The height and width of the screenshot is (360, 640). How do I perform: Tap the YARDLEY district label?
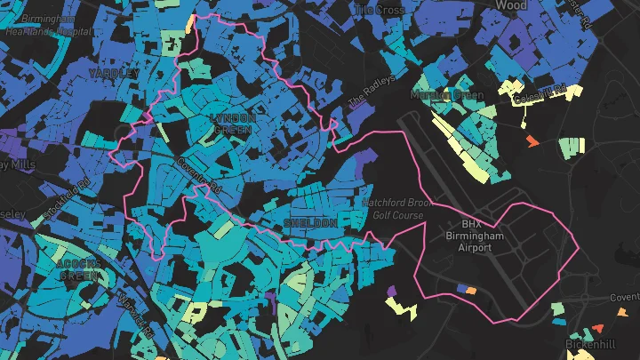(114, 71)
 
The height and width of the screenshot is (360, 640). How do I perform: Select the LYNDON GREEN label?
(233, 124)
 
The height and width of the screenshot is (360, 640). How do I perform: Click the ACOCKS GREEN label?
(81, 269)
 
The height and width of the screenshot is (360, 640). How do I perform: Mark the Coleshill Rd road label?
(542, 90)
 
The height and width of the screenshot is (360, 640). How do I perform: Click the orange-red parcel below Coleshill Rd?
(532, 141)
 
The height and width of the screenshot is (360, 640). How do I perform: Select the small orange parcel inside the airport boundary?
(471, 289)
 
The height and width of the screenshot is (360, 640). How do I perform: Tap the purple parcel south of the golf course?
(392, 290)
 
